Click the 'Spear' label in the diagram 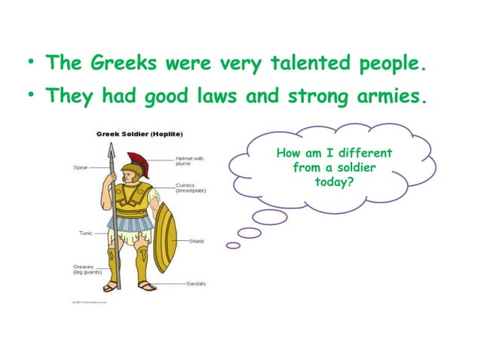[81, 167]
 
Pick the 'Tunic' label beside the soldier [86, 233]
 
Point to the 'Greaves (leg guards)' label [87, 269]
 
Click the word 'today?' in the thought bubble [334, 182]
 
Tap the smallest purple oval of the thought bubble [233, 246]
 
